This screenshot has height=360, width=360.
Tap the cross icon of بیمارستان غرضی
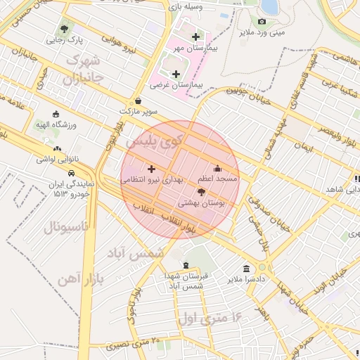pos(175,74)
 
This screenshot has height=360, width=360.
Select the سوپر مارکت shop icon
pos(137,101)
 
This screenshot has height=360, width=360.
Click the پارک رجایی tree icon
pos(64,30)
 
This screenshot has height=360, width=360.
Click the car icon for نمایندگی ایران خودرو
pos(71,172)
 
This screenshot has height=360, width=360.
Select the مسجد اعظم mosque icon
pos(217,168)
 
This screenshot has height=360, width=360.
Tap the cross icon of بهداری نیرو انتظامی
pos(151,169)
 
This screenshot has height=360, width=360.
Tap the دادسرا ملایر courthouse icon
pos(246,269)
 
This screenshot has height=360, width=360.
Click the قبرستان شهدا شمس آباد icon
pos(185,266)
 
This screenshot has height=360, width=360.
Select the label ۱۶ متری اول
pos(211,317)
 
